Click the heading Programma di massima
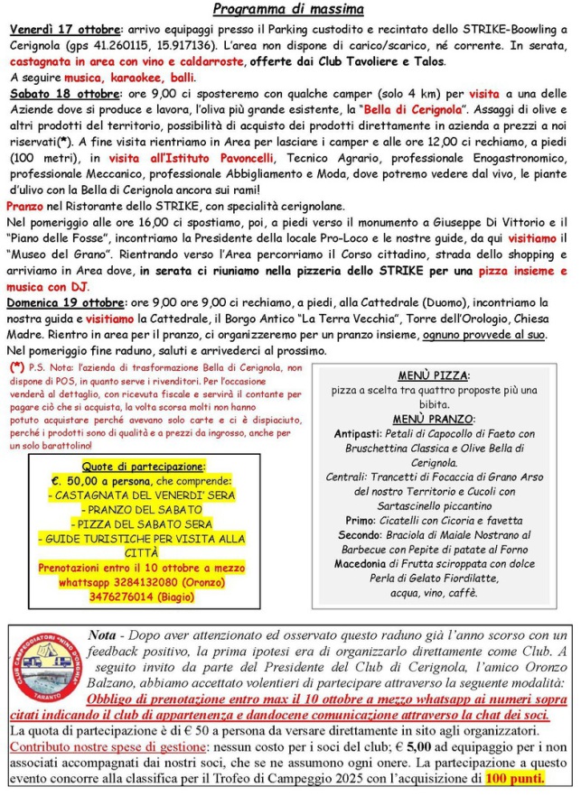(289, 11)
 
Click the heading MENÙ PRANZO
(433, 419)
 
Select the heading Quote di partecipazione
(144, 466)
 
